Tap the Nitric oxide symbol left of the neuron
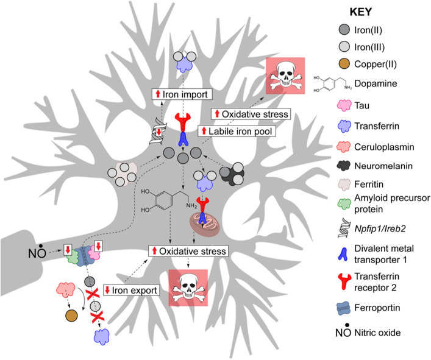click(33, 250)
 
